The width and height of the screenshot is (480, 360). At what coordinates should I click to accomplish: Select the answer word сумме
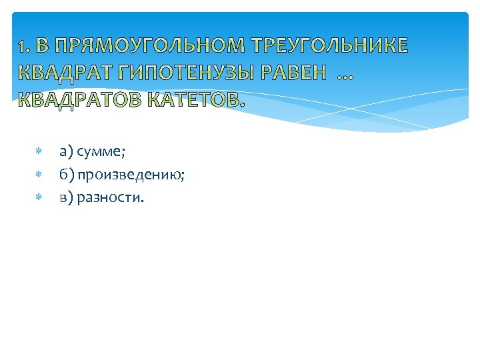tap(101, 153)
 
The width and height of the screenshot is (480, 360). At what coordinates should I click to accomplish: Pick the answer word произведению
tap(133, 175)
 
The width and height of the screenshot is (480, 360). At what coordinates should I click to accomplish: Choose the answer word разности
tap(110, 198)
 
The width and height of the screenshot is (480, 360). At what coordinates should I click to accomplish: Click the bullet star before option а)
tap(39, 153)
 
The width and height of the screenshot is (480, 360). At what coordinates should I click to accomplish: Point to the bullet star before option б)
tap(39, 175)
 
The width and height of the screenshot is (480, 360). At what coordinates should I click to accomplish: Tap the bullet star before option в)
tap(39, 198)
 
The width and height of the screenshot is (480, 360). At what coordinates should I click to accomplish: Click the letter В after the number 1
tap(42, 47)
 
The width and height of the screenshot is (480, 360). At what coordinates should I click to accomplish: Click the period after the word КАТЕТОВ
tap(241, 104)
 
